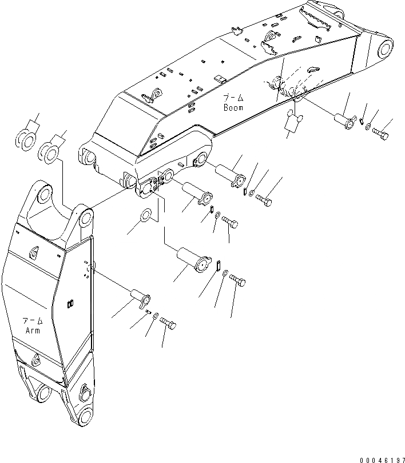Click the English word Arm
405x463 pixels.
click(x=33, y=331)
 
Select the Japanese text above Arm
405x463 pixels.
click(x=33, y=321)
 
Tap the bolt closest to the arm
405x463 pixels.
click(x=168, y=324)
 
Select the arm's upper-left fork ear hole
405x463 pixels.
click(x=44, y=195)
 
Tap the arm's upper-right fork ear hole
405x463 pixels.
click(x=84, y=218)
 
